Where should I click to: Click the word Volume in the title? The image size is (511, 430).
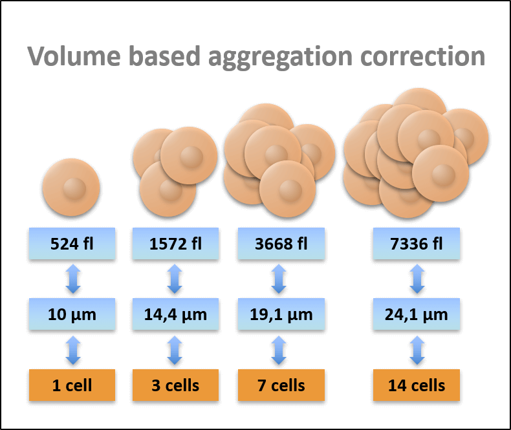tap(74, 56)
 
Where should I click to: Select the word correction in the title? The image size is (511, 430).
tap(422, 56)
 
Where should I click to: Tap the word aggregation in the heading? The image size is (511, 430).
tap(281, 58)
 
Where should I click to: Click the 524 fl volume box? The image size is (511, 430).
tap(72, 244)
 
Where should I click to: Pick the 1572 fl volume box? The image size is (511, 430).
tap(175, 244)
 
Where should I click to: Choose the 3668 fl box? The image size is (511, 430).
tap(281, 244)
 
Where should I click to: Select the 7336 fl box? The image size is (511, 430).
tap(417, 244)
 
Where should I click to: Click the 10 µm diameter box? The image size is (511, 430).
tap(72, 314)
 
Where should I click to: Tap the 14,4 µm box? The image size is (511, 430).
tap(175, 314)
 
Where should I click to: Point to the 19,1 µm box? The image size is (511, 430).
tap(281, 314)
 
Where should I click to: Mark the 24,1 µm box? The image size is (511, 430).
tap(417, 314)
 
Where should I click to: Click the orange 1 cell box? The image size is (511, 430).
tap(72, 385)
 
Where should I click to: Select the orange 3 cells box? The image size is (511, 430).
tap(175, 385)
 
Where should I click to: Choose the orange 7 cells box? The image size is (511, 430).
tap(281, 385)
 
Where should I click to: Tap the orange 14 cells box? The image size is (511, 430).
tap(417, 385)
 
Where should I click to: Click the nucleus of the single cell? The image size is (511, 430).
tap(74, 189)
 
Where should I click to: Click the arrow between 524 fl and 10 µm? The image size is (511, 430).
tap(73, 279)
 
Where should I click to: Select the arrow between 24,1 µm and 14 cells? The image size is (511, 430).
tap(417, 350)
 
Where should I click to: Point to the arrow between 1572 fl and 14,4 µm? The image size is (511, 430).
tap(175, 279)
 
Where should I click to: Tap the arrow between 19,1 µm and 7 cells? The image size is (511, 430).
tap(279, 350)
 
